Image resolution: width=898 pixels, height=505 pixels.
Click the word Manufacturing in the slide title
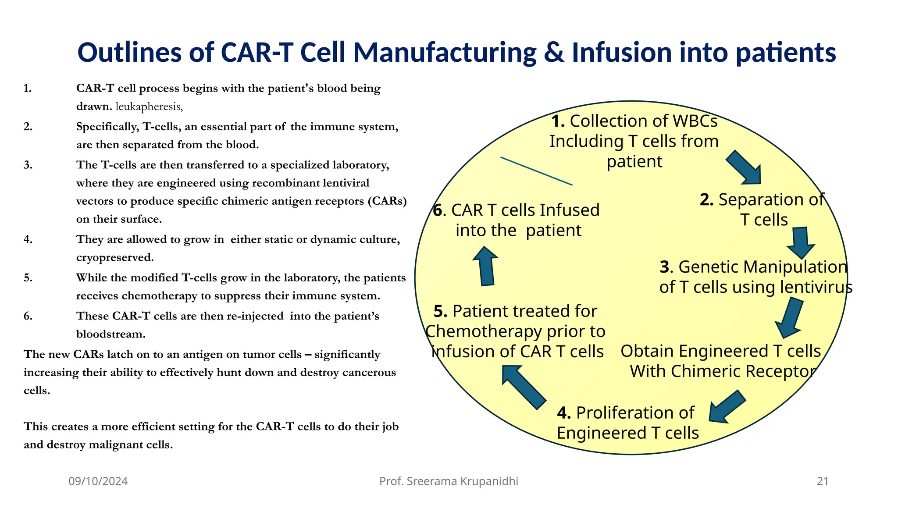445,52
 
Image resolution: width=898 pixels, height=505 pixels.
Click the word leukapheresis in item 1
148,107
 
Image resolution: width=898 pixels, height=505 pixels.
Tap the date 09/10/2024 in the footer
98,481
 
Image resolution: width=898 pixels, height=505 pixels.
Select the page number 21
823,481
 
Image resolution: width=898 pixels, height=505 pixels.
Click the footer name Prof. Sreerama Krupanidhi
449,481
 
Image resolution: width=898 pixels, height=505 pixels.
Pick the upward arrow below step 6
486,266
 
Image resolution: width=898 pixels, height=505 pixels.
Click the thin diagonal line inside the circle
536,171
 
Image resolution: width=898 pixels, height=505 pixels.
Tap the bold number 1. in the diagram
558,121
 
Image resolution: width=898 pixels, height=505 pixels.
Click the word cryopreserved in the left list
114,257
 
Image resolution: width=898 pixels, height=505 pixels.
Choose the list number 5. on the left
28,277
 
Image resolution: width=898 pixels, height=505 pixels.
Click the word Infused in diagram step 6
569,210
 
